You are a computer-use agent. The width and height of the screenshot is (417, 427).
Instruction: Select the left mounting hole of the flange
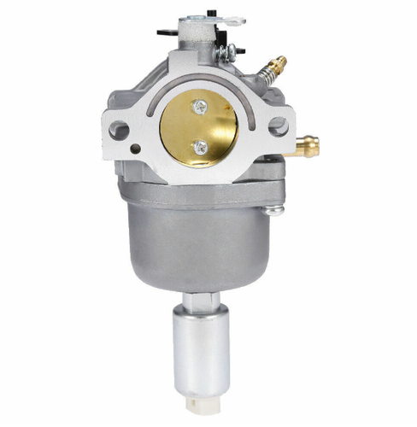[x=120, y=131]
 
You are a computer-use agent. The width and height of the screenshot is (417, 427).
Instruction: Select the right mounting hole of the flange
[x=277, y=125]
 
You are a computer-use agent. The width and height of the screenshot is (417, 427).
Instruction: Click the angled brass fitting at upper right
[x=276, y=65]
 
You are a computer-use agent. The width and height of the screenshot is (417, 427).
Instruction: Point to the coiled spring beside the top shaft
[x=226, y=52]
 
